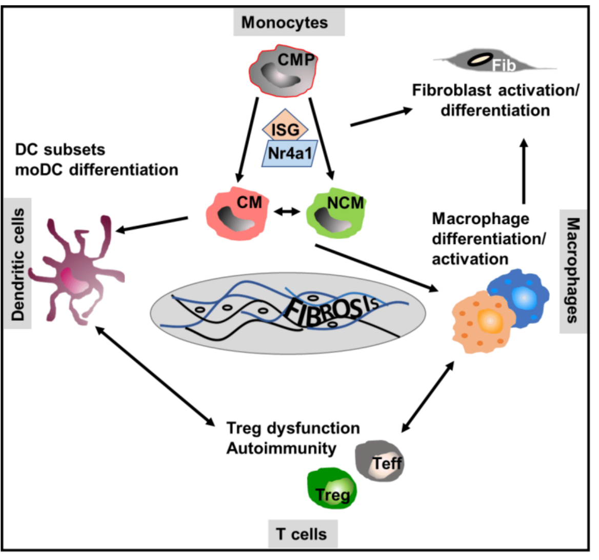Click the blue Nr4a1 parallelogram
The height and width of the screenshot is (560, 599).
[x=289, y=153]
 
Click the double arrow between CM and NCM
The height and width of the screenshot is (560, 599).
[x=287, y=210]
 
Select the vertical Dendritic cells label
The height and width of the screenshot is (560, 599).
[x=18, y=264]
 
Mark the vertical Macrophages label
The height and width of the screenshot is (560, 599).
[x=573, y=270]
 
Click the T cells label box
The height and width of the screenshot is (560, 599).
[x=302, y=534]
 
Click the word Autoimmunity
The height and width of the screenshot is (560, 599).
[x=281, y=448]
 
